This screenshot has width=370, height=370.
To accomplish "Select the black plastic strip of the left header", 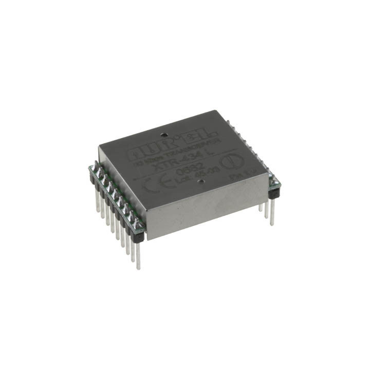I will (116, 206).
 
